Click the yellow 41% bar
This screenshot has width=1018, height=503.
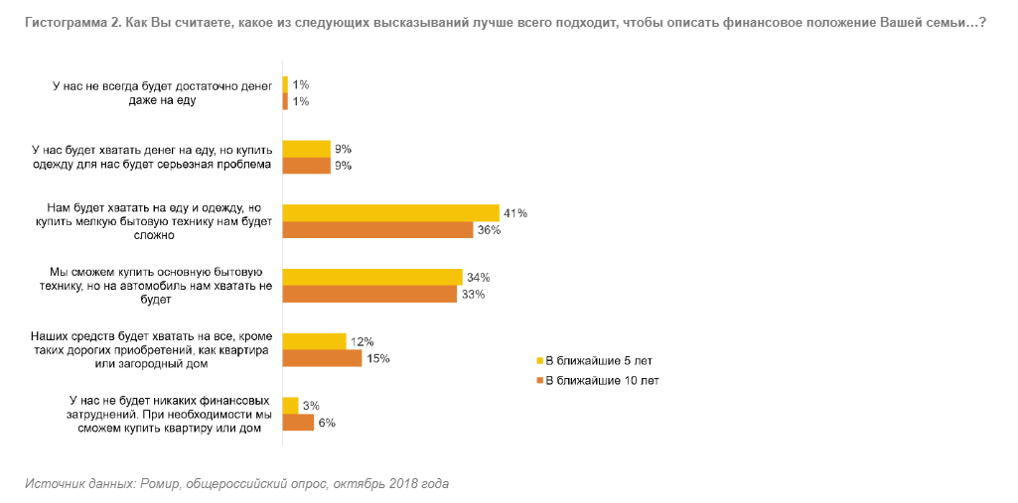(390, 212)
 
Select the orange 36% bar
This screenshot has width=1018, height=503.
(377, 229)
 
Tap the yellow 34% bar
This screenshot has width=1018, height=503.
(372, 277)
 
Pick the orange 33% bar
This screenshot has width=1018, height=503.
(369, 294)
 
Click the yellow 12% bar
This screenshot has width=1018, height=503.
(314, 341)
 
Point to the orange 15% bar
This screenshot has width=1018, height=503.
(322, 358)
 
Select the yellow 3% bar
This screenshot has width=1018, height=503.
(290, 405)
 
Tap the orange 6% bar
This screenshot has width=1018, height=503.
(298, 422)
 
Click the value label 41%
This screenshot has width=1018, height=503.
(514, 213)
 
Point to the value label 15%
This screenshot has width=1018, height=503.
(378, 358)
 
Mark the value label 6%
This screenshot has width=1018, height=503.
(327, 423)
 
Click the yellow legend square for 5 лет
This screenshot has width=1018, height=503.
(540, 360)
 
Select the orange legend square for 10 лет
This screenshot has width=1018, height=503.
(540, 380)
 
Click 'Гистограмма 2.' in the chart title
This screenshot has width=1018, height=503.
(69, 22)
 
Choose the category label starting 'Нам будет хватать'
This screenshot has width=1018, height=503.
(154, 221)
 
